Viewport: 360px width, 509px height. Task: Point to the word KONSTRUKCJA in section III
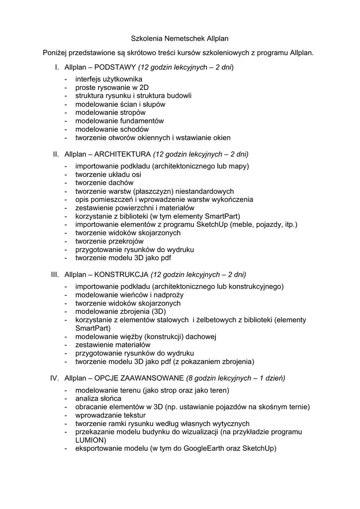click(x=121, y=274)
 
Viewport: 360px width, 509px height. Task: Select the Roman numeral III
click(x=55, y=274)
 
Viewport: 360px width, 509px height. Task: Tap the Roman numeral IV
click(x=55, y=378)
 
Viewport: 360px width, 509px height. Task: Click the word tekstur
click(x=133, y=415)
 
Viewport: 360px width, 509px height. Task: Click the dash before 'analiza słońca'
click(x=66, y=398)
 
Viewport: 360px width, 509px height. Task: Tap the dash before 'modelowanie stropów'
click(x=66, y=112)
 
